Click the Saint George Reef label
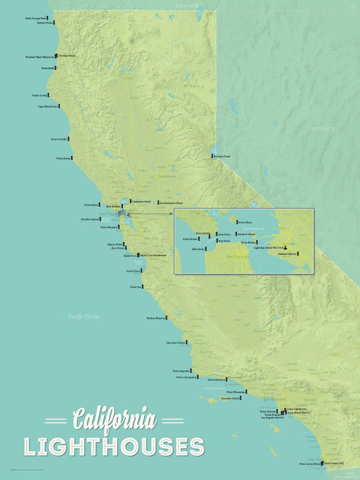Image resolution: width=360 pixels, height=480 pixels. coord(35,19)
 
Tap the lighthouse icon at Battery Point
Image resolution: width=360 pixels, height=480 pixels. coord(55,23)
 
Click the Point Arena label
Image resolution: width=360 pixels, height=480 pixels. coord(64,158)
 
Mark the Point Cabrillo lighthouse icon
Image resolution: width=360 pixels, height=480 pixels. coord(68,139)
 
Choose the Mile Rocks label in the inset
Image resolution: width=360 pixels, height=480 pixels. coord(199,248)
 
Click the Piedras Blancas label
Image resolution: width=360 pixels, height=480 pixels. coord(156,318)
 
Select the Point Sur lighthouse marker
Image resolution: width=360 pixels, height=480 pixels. coord(145,287)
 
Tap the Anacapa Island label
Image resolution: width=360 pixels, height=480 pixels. coord(230,398)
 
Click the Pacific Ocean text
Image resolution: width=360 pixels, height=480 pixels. coord(83,316)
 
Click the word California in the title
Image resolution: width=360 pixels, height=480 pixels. coord(114,419)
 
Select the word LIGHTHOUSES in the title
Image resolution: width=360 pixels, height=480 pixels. coord(114,447)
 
